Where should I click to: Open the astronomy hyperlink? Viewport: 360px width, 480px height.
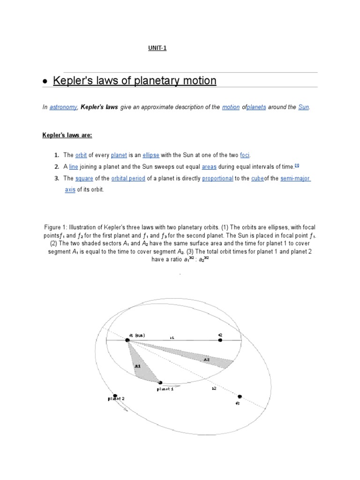(63, 107)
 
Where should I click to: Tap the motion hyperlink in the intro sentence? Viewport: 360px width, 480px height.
(231, 107)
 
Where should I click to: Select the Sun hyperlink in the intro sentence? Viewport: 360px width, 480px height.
(304, 107)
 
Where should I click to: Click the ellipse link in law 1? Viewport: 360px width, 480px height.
(152, 155)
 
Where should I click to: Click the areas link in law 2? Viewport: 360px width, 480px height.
(209, 166)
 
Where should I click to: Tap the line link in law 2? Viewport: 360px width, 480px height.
(74, 166)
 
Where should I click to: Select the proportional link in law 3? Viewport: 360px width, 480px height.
(217, 179)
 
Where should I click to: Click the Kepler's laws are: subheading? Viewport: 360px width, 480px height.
(67, 135)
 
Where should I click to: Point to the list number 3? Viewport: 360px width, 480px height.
(56, 179)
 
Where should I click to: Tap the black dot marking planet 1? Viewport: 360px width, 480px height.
(161, 382)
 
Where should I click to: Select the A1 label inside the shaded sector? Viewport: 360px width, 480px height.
(137, 366)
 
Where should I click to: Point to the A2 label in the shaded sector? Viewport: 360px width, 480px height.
(206, 360)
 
